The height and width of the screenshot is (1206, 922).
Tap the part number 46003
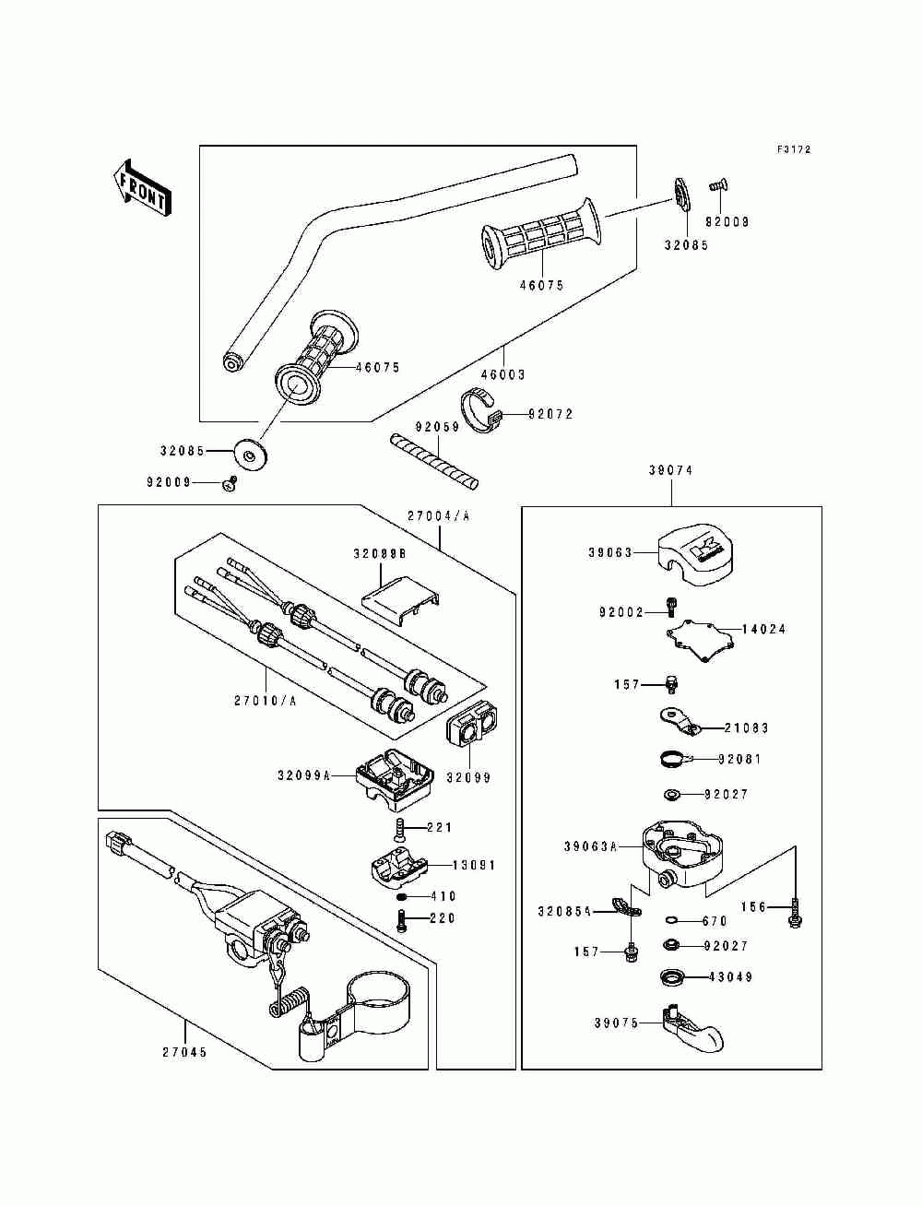[502, 374]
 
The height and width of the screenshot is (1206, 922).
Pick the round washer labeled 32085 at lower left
[250, 453]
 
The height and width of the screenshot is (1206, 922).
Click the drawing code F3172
[793, 149]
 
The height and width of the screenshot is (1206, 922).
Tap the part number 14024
[764, 630]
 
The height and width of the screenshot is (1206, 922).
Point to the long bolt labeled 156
[793, 916]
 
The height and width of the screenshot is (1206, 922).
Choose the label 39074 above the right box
[670, 470]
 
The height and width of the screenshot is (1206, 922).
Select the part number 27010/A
[265, 700]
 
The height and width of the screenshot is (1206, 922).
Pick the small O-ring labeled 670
[669, 919]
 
